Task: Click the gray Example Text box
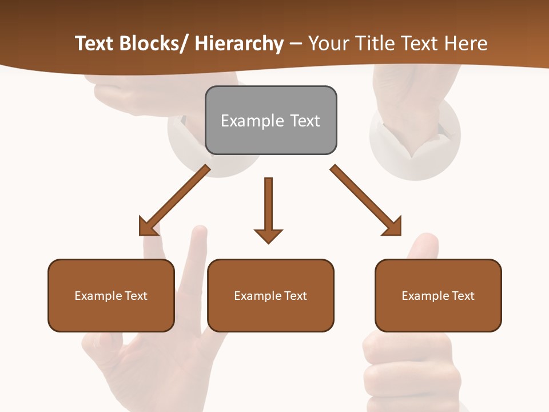(270, 120)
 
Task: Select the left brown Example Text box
(111, 295)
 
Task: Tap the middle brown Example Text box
(270, 295)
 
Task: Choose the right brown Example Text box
(438, 295)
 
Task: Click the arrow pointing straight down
(268, 209)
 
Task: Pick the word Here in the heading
(466, 44)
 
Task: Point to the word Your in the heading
(329, 44)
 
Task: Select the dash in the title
(296, 44)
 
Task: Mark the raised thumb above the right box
(424, 247)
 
